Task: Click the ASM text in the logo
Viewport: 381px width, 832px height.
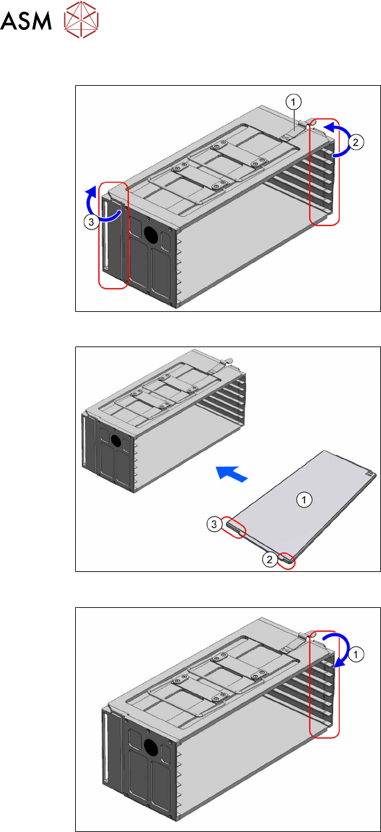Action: point(26,21)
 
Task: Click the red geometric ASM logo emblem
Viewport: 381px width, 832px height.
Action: point(81,19)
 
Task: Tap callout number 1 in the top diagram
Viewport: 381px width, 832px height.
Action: point(293,101)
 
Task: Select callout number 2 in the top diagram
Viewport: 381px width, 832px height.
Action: point(356,142)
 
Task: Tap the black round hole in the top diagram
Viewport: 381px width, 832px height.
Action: point(151,234)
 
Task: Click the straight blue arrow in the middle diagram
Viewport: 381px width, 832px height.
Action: point(231,474)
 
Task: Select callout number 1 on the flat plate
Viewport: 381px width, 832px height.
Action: point(304,500)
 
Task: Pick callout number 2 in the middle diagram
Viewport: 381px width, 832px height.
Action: point(270,559)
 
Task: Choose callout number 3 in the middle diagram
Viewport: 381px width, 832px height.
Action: point(214,524)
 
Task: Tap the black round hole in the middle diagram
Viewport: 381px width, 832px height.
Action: point(116,441)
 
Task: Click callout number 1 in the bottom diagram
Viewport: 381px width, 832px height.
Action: point(356,654)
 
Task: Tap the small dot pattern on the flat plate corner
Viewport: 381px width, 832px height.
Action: point(370,472)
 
